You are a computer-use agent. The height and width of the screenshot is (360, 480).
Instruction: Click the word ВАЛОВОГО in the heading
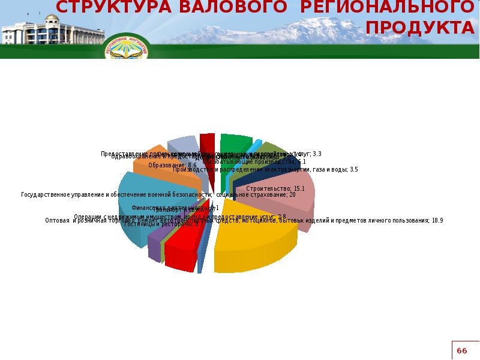209,7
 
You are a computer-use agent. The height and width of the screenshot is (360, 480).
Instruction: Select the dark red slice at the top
208,144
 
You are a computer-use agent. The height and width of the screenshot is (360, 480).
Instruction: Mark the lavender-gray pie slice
182,147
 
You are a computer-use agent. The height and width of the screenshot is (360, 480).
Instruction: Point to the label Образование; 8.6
172,165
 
